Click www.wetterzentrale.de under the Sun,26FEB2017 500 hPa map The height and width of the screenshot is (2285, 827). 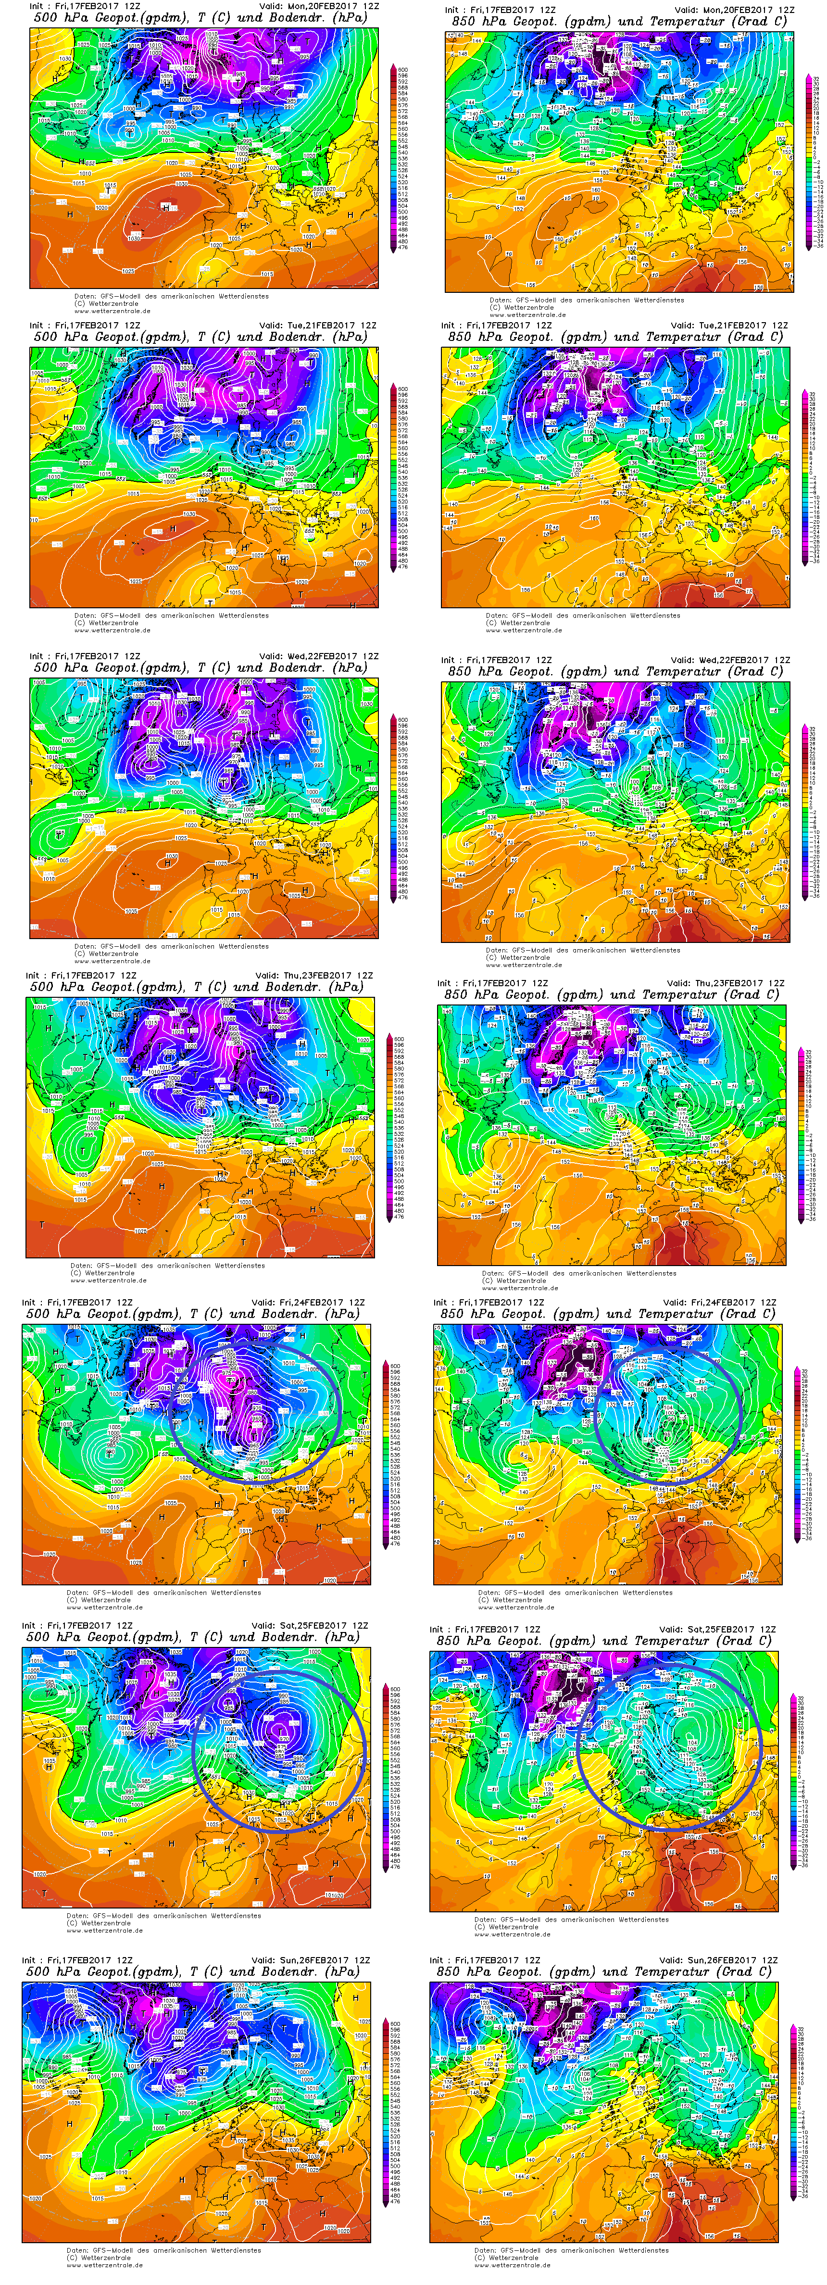104,2265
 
